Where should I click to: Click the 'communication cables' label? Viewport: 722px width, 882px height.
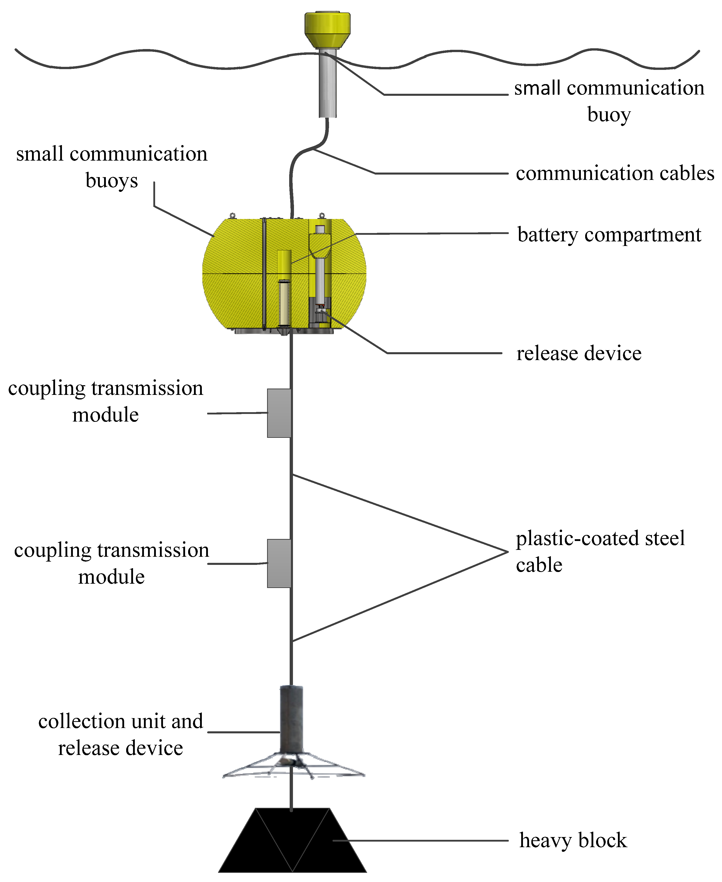point(615,173)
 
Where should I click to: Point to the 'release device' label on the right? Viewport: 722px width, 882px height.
point(579,353)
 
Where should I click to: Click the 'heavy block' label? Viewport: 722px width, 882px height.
point(573,840)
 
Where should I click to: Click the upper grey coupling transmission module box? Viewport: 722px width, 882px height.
point(279,413)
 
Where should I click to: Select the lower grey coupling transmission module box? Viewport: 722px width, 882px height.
point(279,563)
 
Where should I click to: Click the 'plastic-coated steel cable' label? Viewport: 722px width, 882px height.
point(600,551)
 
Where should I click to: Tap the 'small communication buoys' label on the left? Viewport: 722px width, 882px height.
point(111,166)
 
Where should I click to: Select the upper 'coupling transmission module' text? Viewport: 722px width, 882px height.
point(106,401)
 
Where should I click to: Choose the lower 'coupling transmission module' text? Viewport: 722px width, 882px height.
point(111,563)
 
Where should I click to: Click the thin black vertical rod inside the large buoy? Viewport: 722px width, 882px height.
point(264,273)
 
